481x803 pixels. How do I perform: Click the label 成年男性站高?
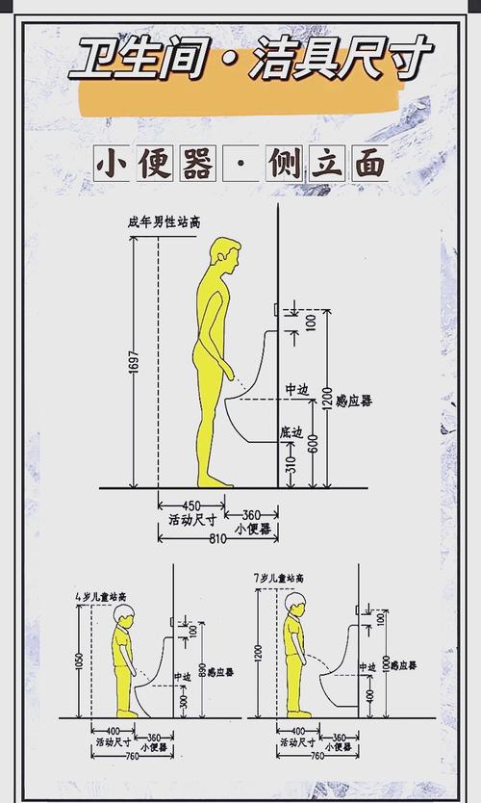164,222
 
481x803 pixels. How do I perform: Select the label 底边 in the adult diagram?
291,431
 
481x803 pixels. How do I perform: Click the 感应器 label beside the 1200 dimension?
355,400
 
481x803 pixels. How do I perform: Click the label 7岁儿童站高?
279,578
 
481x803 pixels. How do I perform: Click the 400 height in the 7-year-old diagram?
370,693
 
